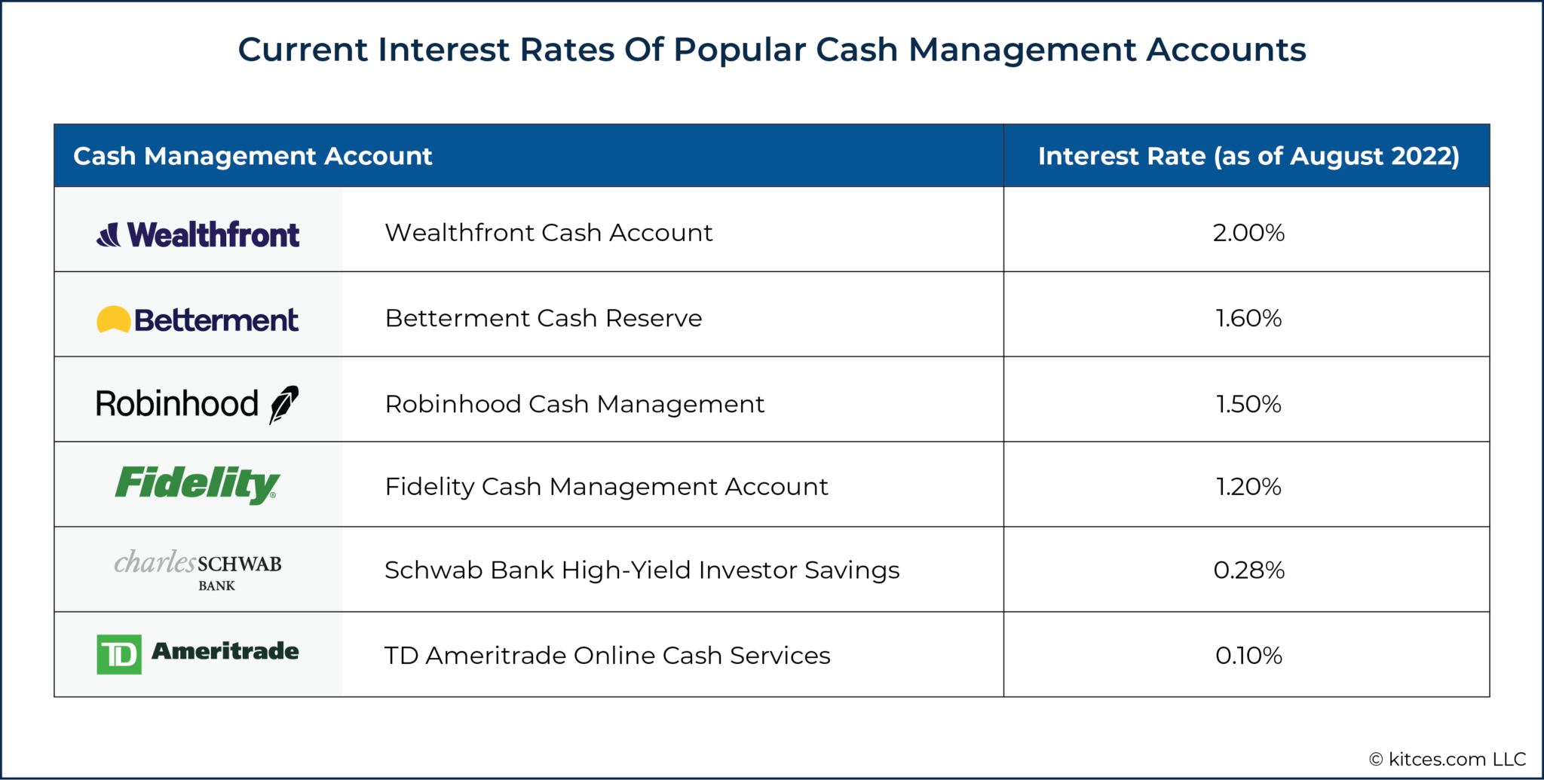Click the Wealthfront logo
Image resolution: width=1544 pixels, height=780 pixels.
click(198, 234)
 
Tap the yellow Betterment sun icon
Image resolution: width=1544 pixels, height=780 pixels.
click(113, 320)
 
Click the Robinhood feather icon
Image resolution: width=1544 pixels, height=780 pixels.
click(284, 405)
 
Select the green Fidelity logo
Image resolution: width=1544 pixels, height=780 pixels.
click(198, 484)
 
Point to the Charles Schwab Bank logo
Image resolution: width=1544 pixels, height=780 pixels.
click(198, 570)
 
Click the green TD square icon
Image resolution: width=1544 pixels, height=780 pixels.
click(119, 654)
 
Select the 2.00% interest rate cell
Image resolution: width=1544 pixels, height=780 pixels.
click(1248, 233)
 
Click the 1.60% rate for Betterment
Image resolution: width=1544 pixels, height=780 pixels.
click(1248, 318)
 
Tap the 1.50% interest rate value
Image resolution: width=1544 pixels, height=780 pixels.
click(1248, 404)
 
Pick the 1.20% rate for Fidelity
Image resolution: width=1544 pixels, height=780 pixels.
click(1248, 487)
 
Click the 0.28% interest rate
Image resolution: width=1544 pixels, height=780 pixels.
click(1248, 570)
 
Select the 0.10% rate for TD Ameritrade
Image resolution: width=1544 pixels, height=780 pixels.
click(1248, 656)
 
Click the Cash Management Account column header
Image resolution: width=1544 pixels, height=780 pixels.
click(253, 156)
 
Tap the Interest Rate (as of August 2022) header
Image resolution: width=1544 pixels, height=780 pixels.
click(1248, 156)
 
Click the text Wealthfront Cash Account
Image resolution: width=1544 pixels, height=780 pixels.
click(548, 233)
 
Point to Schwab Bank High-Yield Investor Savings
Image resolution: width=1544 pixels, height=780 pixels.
click(642, 570)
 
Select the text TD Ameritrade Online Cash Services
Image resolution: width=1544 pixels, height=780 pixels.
click(607, 656)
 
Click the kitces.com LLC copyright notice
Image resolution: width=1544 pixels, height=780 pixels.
click(1447, 759)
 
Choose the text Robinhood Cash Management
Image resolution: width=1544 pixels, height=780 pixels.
click(574, 405)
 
